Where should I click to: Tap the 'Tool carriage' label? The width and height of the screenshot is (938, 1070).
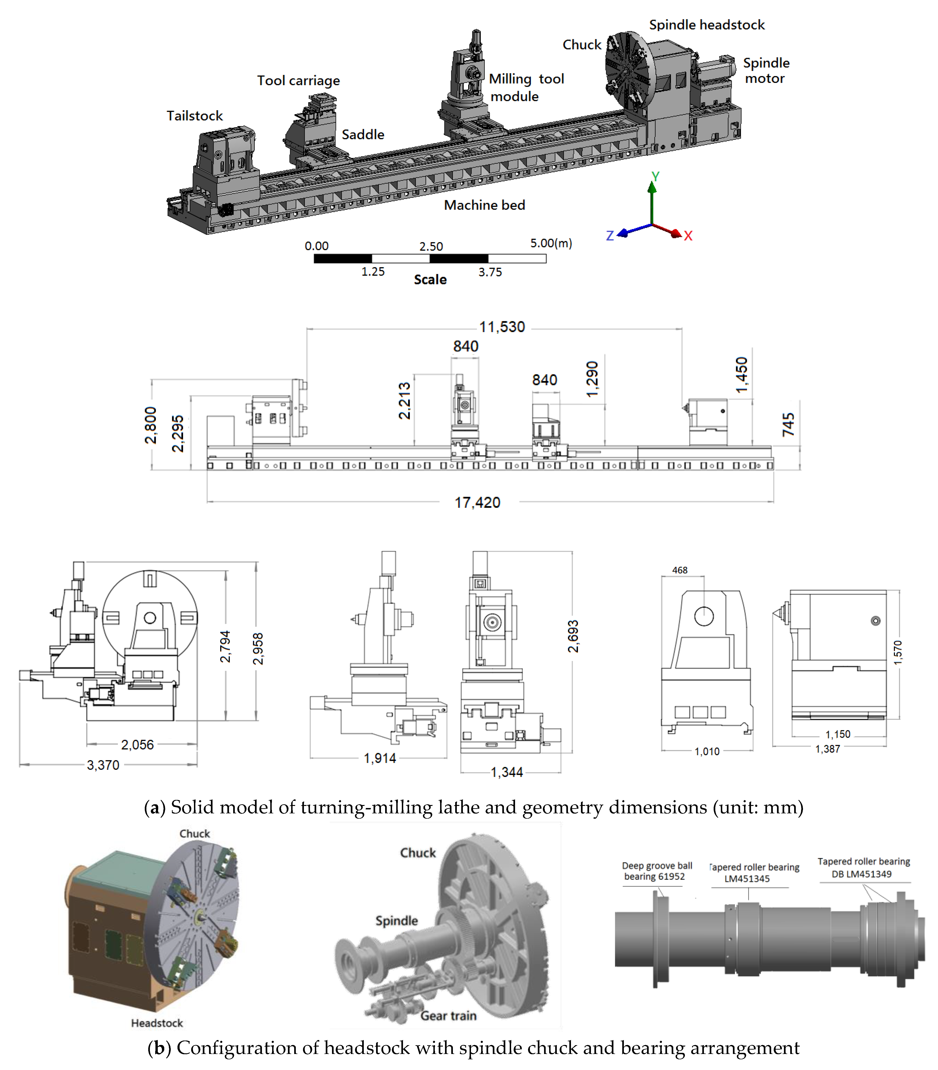point(298,81)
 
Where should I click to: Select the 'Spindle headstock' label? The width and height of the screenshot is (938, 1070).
point(707,25)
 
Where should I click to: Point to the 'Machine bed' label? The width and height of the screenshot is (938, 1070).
point(484,205)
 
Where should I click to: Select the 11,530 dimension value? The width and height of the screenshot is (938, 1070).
point(502,327)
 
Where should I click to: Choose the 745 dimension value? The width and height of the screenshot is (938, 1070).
point(788,425)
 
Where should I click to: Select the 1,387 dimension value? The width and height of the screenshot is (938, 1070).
point(828,749)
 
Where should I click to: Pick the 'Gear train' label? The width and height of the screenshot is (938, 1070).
point(449,1015)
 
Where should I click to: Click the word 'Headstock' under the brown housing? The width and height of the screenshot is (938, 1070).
point(157,1023)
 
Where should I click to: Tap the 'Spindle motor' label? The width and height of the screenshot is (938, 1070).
point(766,71)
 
